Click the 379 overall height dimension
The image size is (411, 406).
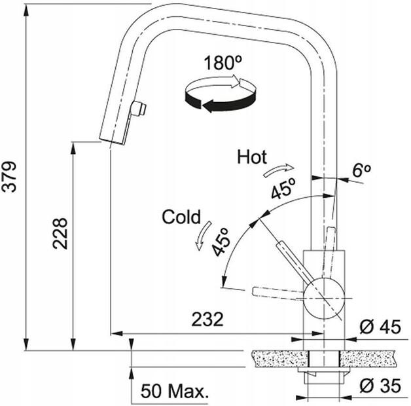9,177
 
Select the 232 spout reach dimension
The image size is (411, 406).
207,320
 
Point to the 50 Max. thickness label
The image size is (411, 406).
175,392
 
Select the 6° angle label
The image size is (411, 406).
361,170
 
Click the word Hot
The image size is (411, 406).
252,157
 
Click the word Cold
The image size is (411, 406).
181,217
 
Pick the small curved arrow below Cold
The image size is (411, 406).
202,235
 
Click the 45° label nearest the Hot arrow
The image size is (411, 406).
283,190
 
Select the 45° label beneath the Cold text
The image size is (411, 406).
219,242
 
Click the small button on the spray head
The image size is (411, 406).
139,108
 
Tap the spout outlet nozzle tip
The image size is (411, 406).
111,139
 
